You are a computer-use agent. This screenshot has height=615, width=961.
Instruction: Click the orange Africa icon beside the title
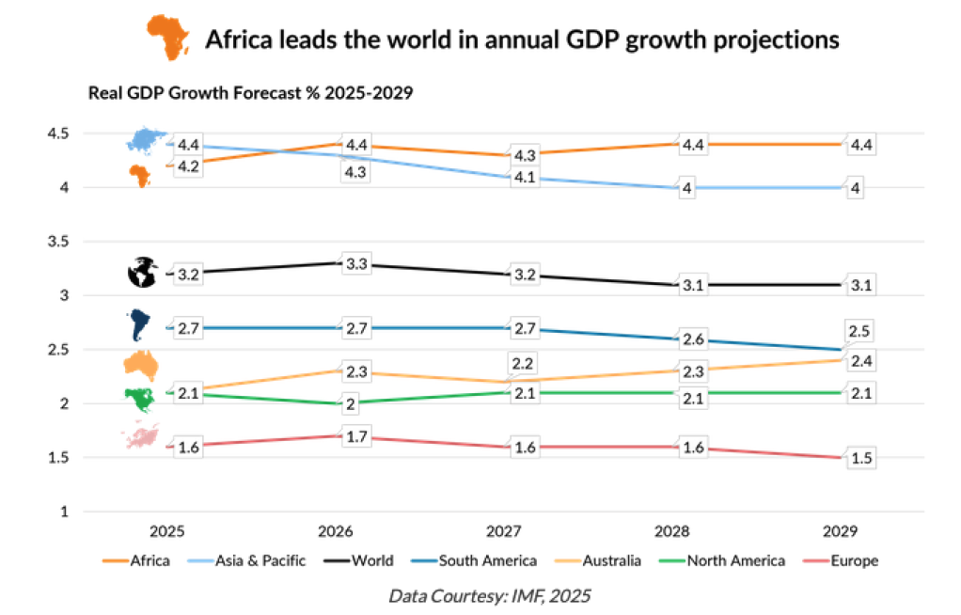coord(167,39)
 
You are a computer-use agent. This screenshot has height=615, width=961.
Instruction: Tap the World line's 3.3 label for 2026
coord(355,265)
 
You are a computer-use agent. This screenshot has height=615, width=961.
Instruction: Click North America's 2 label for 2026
coord(349,404)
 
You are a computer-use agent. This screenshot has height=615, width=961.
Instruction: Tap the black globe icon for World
coord(142,273)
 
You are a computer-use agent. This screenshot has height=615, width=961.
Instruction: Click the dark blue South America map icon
coord(141,324)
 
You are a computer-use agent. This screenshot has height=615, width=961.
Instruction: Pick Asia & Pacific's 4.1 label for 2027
coord(525,179)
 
